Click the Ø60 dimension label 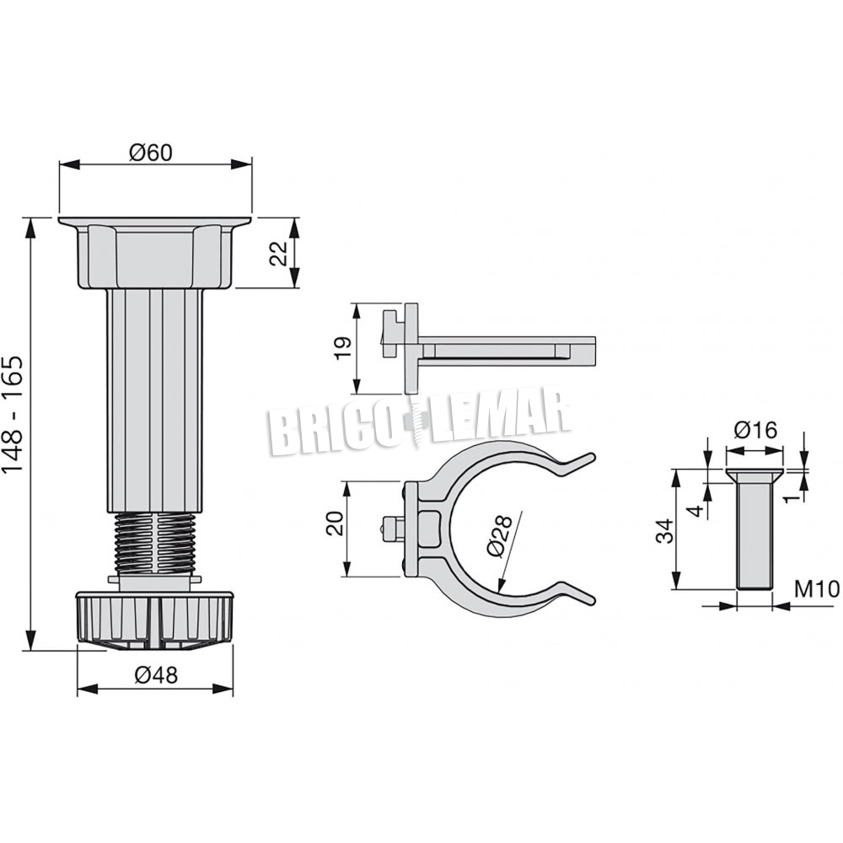point(151,153)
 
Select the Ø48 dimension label point(156,674)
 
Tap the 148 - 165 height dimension point(13,414)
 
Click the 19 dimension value point(343,348)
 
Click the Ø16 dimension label point(755,430)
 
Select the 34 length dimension point(665,530)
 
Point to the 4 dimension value point(696,510)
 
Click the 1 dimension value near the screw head point(791,498)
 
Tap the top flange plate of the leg point(155,221)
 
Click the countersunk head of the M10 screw point(754,475)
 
